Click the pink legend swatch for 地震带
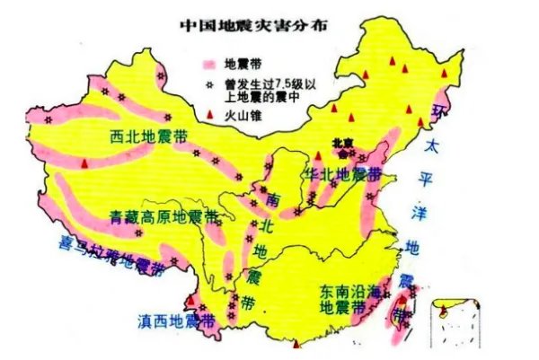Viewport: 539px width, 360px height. pos(209,65)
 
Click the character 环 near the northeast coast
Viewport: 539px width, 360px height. pos(439,111)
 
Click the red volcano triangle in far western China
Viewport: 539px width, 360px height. pos(84,164)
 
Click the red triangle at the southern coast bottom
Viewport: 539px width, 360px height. pos(296,342)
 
